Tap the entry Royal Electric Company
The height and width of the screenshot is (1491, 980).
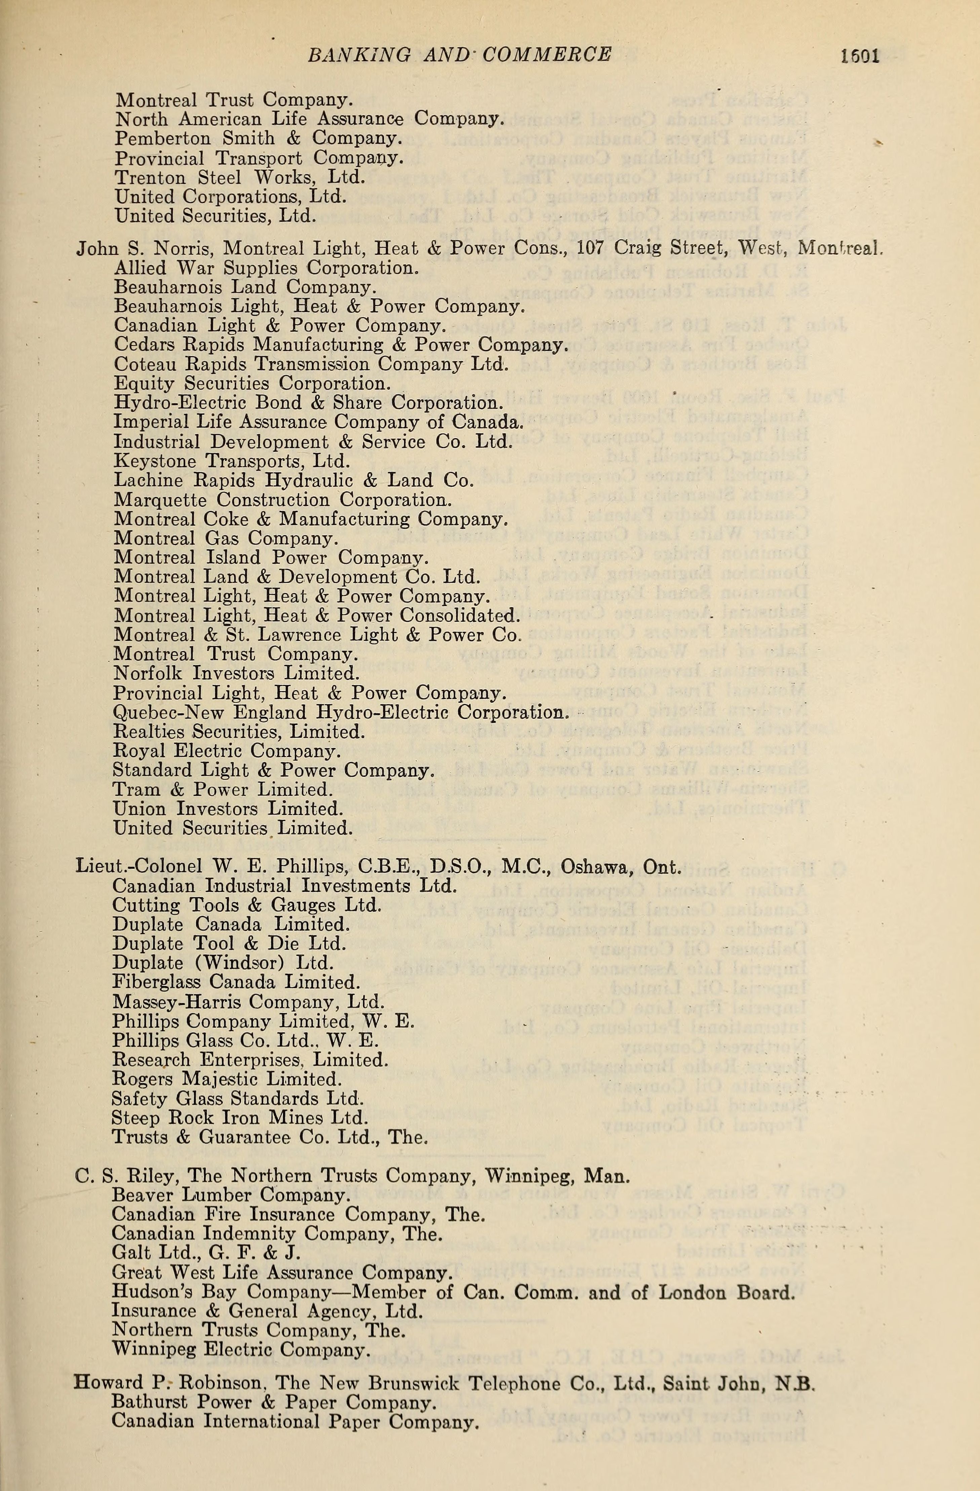pyautogui.click(x=227, y=751)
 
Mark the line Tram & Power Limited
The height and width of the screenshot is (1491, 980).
pyautogui.click(x=223, y=790)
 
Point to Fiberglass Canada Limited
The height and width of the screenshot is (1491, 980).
pyautogui.click(x=236, y=982)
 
